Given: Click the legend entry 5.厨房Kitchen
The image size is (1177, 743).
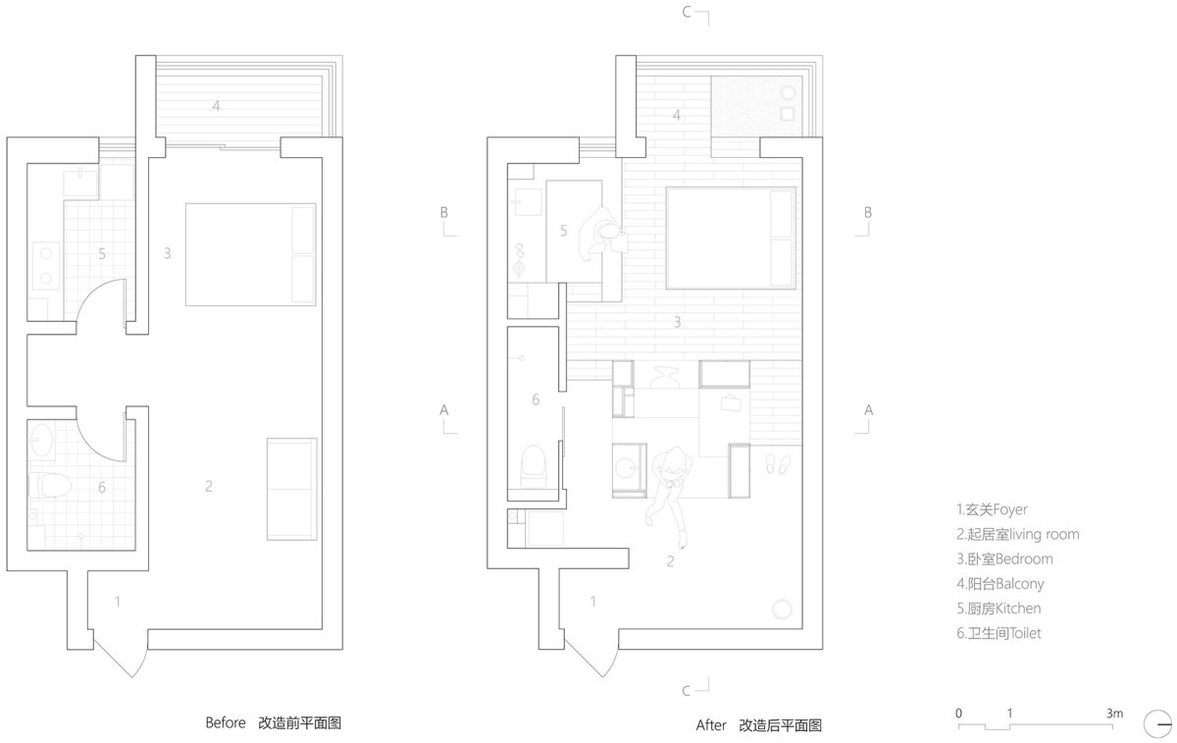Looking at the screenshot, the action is point(998,609).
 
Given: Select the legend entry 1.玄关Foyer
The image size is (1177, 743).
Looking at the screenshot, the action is point(992,509).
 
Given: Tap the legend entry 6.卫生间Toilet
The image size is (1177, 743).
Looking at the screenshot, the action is point(998,633).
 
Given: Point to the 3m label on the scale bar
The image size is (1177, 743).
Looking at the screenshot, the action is point(1114,714).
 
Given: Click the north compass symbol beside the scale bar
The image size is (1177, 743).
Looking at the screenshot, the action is point(1157,724).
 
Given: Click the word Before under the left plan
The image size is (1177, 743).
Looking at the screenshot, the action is point(226,722).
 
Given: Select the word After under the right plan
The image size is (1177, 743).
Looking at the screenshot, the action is point(711,725).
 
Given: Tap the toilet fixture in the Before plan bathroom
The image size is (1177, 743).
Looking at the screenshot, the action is point(49,485).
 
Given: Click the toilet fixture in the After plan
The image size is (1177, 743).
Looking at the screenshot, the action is point(533,466).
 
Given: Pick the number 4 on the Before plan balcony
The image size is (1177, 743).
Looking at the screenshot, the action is point(216,106).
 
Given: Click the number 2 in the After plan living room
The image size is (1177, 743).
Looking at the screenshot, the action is point(671,561).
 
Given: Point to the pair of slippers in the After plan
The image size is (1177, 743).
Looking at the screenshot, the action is point(778,464).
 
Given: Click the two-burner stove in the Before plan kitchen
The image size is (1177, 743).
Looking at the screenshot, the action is point(46,266).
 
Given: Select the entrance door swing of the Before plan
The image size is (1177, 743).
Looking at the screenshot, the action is point(120,654).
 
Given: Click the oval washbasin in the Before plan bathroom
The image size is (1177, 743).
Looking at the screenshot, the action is point(41,439).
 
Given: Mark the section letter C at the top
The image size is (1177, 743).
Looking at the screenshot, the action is point(687,12).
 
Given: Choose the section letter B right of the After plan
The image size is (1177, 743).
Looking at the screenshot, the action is point(867,212).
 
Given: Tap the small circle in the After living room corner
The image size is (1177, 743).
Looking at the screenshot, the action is point(782,610).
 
